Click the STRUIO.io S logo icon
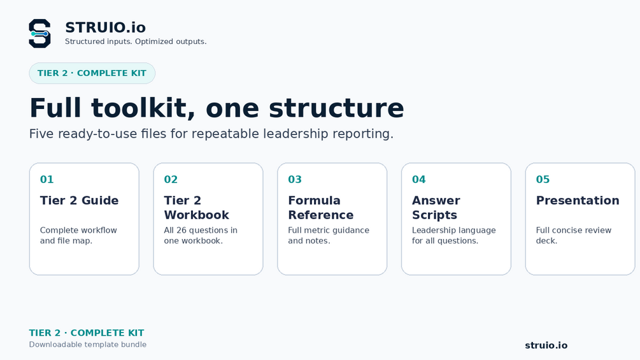click(x=39, y=34)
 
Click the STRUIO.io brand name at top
click(x=105, y=27)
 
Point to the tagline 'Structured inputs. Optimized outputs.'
click(x=136, y=41)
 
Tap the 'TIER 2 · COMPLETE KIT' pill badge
click(x=92, y=73)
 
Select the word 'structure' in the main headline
click(x=336, y=108)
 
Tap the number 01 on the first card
click(x=47, y=179)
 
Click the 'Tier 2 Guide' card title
click(x=79, y=201)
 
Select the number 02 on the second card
click(x=171, y=179)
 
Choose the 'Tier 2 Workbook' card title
click(x=196, y=208)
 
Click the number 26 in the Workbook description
click(x=181, y=230)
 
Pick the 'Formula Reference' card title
click(x=321, y=208)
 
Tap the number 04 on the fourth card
click(x=419, y=179)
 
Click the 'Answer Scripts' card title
click(x=436, y=208)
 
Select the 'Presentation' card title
click(x=578, y=201)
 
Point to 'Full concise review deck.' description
click(x=574, y=236)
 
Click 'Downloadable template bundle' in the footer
click(x=88, y=345)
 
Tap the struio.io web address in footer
click(x=546, y=345)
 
